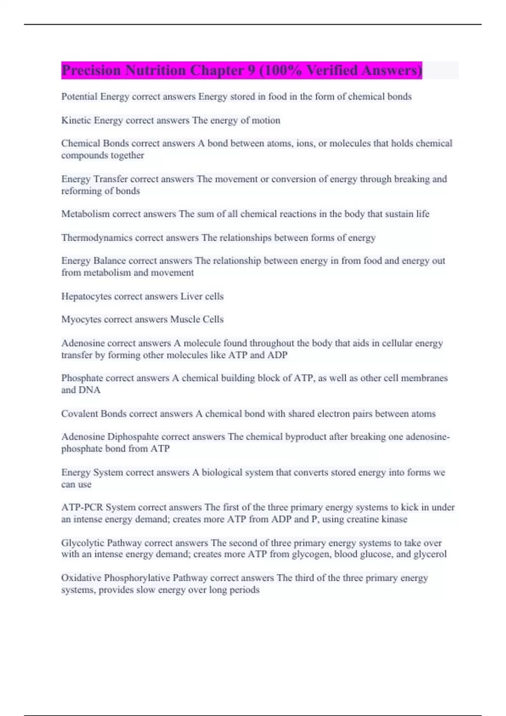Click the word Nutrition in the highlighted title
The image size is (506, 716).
(155, 70)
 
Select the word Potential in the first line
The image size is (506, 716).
(79, 97)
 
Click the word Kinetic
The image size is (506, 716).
(76, 120)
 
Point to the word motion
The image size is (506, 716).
(266, 120)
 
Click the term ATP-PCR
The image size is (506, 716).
(82, 508)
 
